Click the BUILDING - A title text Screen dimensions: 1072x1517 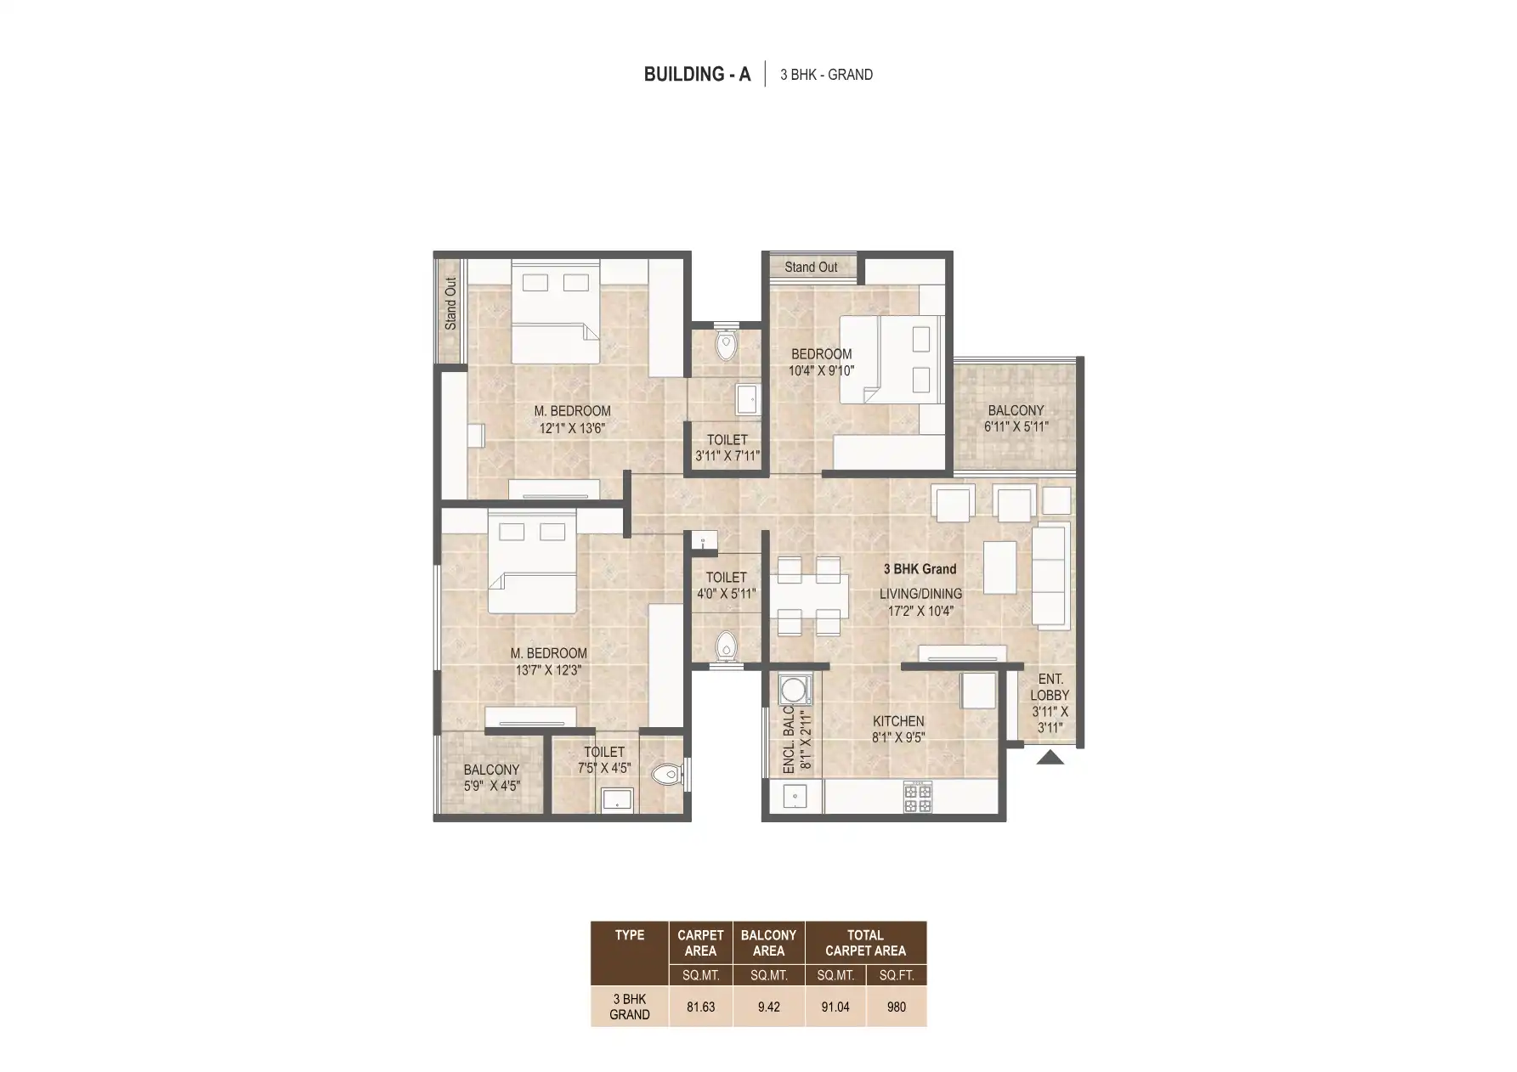(697, 75)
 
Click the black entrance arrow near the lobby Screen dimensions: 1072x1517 (1050, 758)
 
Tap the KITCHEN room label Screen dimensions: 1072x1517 (898, 721)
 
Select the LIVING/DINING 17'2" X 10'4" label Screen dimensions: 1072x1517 (920, 601)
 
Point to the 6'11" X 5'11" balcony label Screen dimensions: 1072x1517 (1016, 419)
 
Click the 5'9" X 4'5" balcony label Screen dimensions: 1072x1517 (491, 778)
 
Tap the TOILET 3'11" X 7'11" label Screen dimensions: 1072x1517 (727, 448)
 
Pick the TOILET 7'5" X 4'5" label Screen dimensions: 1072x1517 (604, 760)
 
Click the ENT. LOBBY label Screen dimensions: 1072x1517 (1050, 687)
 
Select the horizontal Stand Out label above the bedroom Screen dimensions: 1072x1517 (811, 267)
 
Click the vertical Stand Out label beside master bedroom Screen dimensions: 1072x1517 (450, 304)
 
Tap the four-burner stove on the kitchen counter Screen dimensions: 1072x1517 (918, 797)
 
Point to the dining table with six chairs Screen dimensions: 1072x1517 (809, 597)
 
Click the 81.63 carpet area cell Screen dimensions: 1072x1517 (701, 1007)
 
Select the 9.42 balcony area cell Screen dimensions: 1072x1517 (768, 1007)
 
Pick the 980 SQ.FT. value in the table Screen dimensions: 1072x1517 (897, 1007)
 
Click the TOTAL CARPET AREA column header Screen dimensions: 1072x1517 (865, 943)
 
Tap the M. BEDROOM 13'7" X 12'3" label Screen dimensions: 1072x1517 (549, 662)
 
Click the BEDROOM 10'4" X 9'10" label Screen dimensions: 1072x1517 (821, 362)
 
